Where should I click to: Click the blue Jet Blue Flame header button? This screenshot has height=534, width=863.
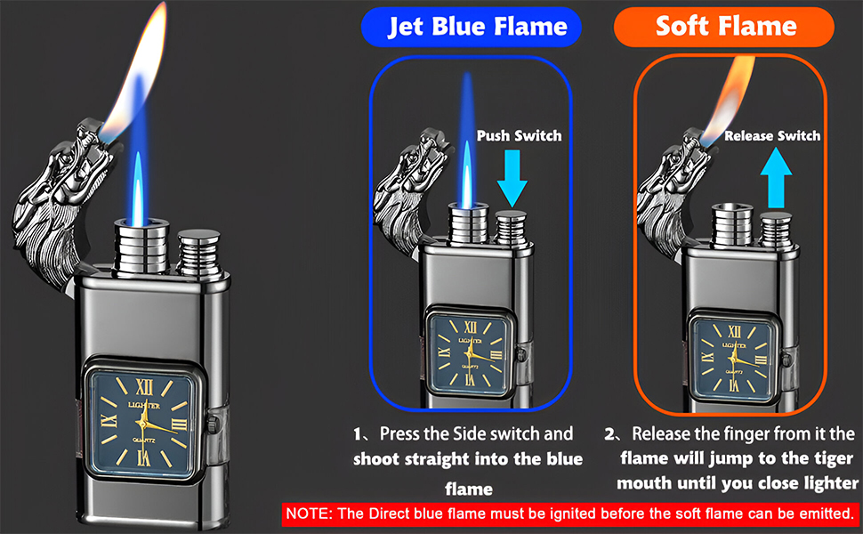pyautogui.click(x=471, y=26)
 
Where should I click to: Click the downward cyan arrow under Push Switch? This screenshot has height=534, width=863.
pyautogui.click(x=513, y=174)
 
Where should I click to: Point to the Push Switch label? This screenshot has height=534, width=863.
pyautogui.click(x=519, y=135)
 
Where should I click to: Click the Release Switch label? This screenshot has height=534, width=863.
pyautogui.click(x=771, y=135)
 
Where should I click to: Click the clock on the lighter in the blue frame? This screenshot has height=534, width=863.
pyautogui.click(x=468, y=352)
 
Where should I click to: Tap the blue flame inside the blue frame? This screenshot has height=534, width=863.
pyautogui.click(x=466, y=142)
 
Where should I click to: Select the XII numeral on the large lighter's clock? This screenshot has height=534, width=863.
pyautogui.click(x=146, y=385)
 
